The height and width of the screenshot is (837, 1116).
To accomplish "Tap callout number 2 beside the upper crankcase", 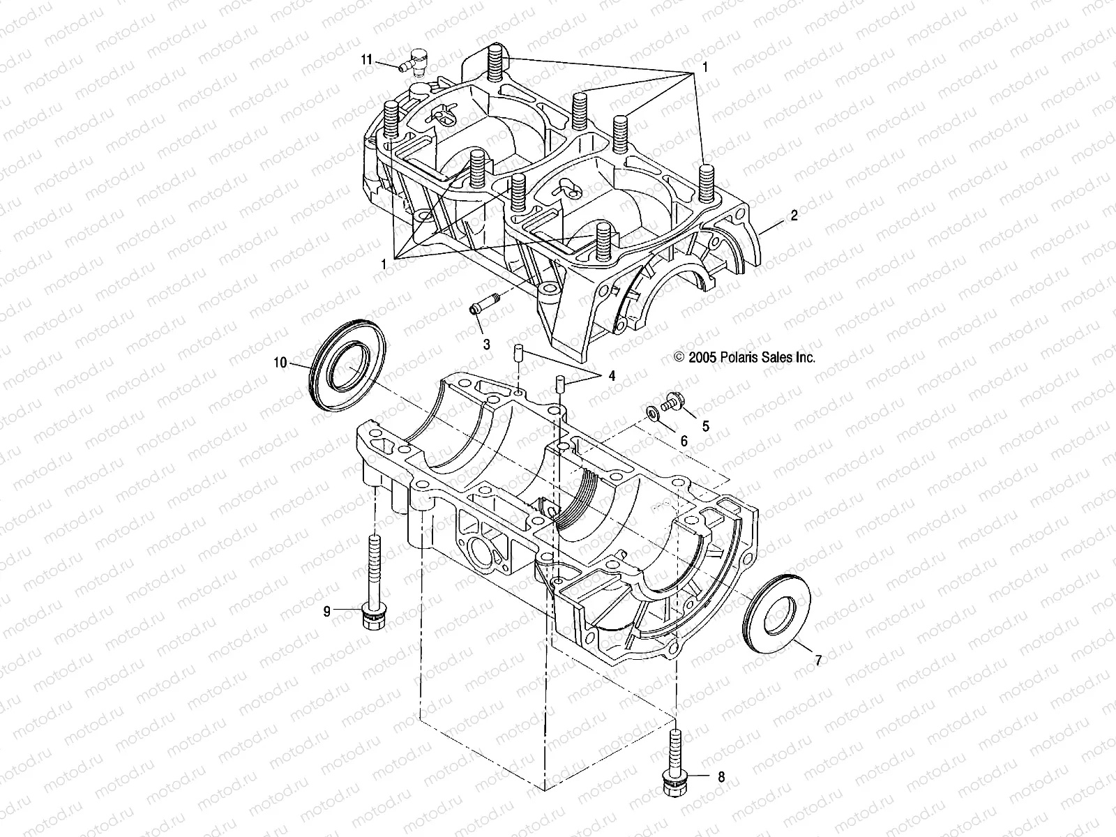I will (x=794, y=216).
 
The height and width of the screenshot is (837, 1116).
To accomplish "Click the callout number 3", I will (x=486, y=344).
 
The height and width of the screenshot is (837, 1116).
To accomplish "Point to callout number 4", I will (x=612, y=376).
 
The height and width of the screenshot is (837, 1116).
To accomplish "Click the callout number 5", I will (x=705, y=425).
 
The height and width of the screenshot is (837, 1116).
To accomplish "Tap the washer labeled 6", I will (x=651, y=413).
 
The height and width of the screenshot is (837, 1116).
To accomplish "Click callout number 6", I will (x=684, y=441).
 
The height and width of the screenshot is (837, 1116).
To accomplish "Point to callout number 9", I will (x=326, y=612).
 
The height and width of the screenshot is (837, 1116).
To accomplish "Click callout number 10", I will (x=280, y=362).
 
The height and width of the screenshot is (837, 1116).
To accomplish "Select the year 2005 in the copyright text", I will (x=700, y=357).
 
